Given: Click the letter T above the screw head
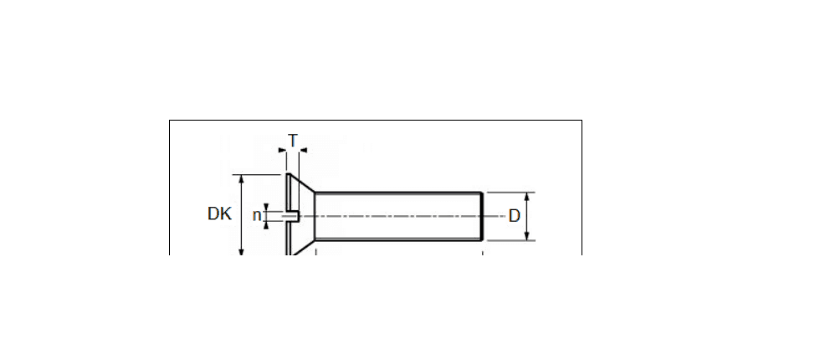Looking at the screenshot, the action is click(x=293, y=141).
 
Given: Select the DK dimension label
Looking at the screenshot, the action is click(x=219, y=213).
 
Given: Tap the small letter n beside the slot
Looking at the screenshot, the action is click(x=256, y=215).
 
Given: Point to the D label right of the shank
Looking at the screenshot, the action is click(x=515, y=216).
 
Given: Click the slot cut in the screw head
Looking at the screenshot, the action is click(x=291, y=215).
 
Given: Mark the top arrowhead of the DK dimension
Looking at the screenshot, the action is click(x=241, y=178).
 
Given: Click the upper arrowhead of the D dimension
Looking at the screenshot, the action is click(x=526, y=197).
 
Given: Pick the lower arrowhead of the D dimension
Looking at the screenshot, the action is click(x=526, y=236).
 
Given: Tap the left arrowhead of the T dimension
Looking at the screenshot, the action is click(x=283, y=151).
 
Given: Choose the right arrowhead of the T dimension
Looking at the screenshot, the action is click(x=303, y=151).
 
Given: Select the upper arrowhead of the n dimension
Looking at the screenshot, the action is click(x=266, y=207).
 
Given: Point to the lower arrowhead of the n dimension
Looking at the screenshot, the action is click(x=266, y=224).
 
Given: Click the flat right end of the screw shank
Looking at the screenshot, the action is click(x=482, y=216).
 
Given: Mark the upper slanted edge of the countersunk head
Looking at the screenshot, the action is click(x=302, y=183).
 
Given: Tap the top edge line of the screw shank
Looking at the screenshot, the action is click(x=398, y=193).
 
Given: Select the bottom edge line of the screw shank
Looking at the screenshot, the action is click(x=398, y=239).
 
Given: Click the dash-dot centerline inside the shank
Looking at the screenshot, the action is click(x=397, y=216).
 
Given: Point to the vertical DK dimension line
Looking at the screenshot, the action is click(x=241, y=214).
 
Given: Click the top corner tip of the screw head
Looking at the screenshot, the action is click(x=288, y=174).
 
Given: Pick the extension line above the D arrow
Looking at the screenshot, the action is click(x=510, y=192).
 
